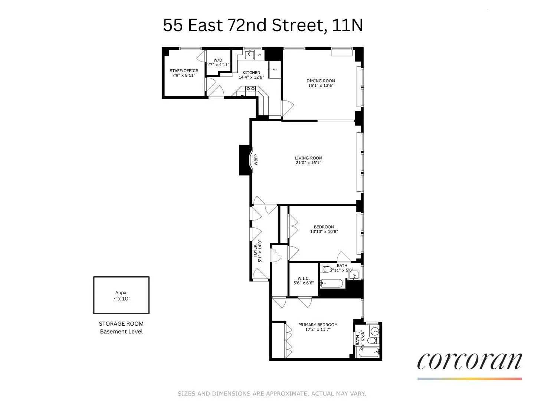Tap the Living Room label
(x=308, y=158)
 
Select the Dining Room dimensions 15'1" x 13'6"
(x=321, y=86)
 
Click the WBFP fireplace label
(x=256, y=159)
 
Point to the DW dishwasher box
(x=259, y=55)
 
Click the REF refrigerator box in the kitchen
(x=275, y=69)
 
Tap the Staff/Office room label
(x=184, y=71)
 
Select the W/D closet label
(x=218, y=60)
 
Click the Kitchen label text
(x=251, y=73)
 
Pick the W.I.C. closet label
(x=303, y=278)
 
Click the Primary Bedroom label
(x=318, y=325)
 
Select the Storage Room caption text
(x=121, y=324)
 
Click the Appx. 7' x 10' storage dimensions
(x=121, y=296)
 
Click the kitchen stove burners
(x=250, y=89)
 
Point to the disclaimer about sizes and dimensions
(x=272, y=394)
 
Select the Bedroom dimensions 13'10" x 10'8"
(x=324, y=232)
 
